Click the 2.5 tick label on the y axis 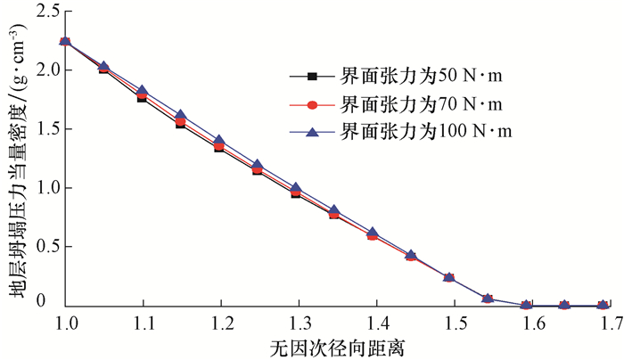(44, 12)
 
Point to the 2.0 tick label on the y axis (44, 70)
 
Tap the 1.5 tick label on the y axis (44, 129)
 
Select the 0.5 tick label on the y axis (44, 247)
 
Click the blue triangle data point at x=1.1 (143, 91)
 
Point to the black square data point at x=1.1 (142, 98)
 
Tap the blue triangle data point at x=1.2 (219, 141)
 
